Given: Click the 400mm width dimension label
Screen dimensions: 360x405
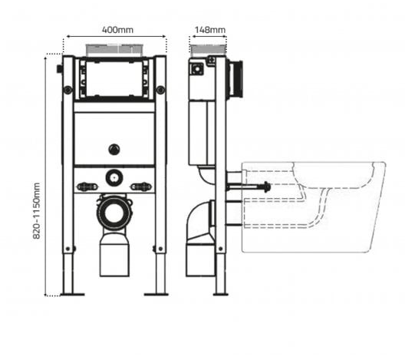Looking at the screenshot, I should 116,30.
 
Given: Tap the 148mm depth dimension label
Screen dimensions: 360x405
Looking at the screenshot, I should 209,30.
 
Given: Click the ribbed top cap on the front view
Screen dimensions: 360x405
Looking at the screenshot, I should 116,52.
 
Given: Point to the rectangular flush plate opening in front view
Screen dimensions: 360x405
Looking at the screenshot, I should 116,79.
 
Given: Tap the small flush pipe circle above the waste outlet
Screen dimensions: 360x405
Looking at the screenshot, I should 115,177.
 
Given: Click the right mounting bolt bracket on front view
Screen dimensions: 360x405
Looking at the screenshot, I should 142,187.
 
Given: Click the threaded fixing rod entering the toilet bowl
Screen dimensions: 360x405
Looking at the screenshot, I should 249,186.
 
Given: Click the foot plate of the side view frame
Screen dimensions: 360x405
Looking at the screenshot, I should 220,293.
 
